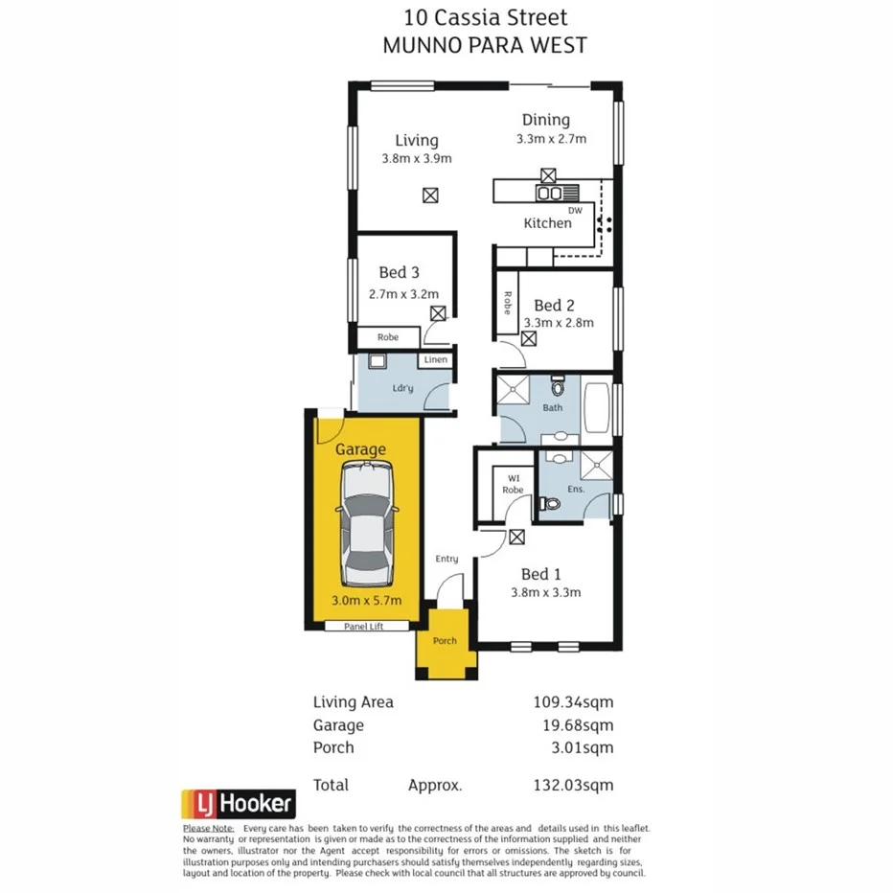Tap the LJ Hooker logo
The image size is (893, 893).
(x=239, y=803)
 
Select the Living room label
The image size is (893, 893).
(x=416, y=141)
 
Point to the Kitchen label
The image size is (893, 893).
(x=547, y=223)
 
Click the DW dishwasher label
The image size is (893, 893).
(x=575, y=210)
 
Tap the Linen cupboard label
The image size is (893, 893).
(x=436, y=360)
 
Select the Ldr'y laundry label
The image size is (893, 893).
(x=403, y=388)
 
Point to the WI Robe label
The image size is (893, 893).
(x=513, y=483)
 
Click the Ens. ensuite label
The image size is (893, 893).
(x=577, y=488)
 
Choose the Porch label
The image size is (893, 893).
(x=445, y=641)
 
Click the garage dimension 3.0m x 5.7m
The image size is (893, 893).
(x=366, y=601)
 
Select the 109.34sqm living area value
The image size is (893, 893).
(x=573, y=702)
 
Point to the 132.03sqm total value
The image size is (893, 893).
(x=573, y=785)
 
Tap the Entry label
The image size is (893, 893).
(x=446, y=559)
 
